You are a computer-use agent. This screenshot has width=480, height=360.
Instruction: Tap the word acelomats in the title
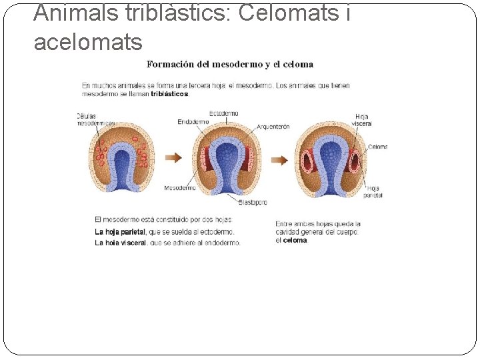coord(88,43)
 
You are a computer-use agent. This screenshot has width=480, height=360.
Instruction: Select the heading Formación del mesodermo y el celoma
coord(229,65)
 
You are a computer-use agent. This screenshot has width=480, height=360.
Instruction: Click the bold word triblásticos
coord(170,94)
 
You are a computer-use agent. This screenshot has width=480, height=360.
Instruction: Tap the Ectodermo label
coord(224,113)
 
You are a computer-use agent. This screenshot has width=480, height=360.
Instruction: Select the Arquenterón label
coord(273,126)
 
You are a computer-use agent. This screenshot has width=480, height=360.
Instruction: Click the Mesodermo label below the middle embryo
coord(179,188)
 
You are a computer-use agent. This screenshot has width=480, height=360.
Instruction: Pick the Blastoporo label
coord(253,201)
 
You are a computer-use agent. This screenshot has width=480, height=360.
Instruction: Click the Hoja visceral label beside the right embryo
coord(362,120)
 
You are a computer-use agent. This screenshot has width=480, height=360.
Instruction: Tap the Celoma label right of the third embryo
coord(377,147)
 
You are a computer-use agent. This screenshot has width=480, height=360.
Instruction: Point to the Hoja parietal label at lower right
coord(373,192)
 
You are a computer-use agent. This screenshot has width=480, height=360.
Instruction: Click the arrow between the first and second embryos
coord(173,158)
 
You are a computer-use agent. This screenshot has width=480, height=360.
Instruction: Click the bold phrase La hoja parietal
coord(120,232)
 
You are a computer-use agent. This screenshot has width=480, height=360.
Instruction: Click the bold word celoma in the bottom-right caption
coord(295,241)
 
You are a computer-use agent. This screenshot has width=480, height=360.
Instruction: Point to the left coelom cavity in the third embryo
coord(309,161)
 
